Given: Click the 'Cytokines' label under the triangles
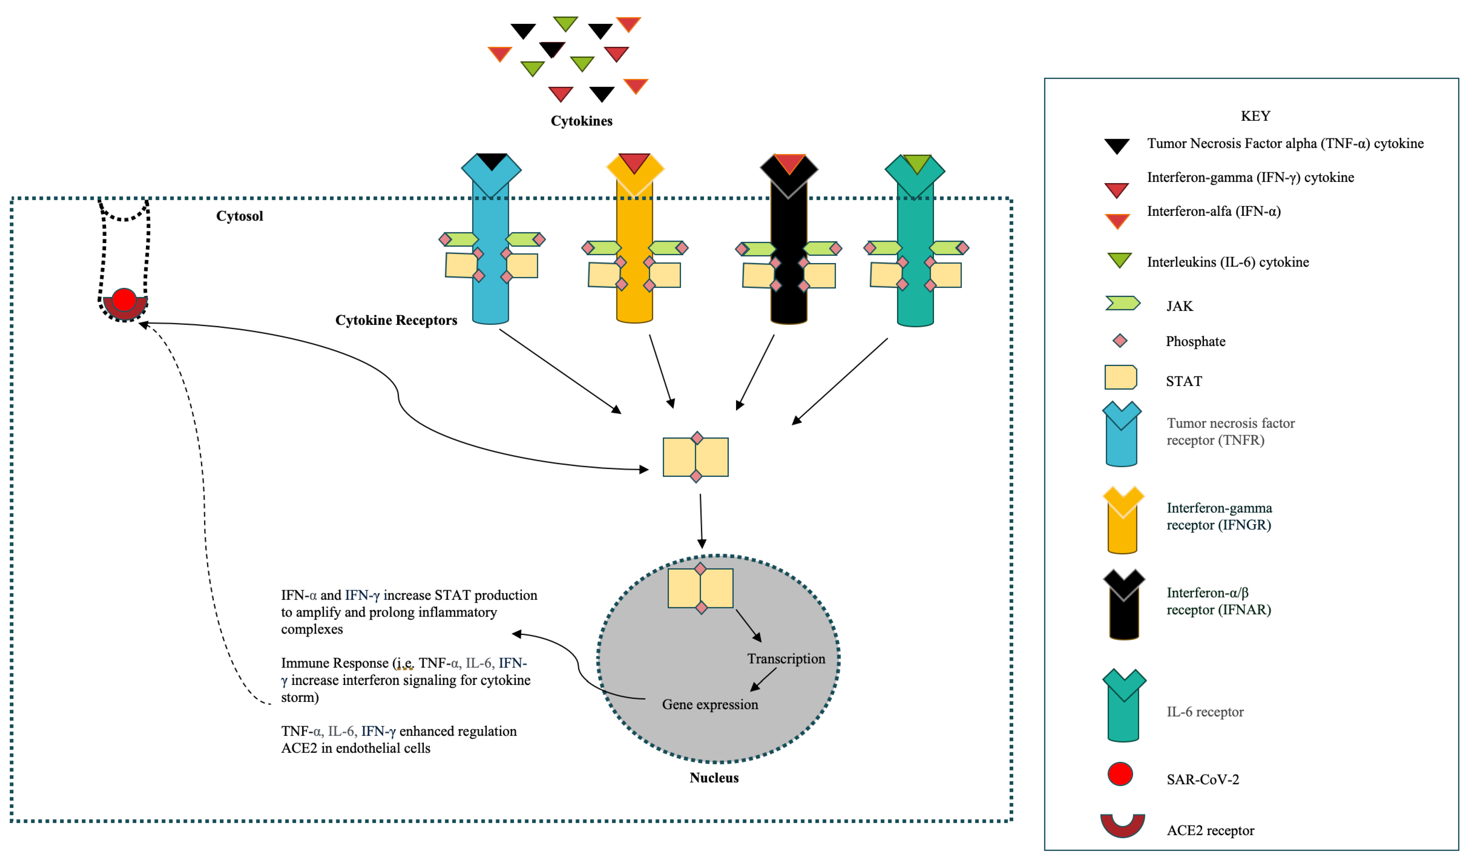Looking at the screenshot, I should [x=581, y=121].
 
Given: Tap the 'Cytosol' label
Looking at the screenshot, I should [x=239, y=216].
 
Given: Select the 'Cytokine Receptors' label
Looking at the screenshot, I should [x=396, y=320].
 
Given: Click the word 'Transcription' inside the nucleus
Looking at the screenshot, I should [x=786, y=658].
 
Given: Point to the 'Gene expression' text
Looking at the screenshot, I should [x=710, y=705].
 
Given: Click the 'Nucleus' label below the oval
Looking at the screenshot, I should [x=714, y=778].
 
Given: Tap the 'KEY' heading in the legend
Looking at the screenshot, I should [x=1255, y=116].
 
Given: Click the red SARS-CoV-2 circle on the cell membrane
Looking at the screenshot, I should [x=124, y=300].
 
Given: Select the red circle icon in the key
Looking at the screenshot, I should [x=1119, y=774].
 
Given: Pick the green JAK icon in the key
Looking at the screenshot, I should [x=1122, y=303].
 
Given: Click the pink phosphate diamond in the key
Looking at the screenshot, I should [x=1119, y=341].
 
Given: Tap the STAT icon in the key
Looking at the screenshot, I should [x=1120, y=377].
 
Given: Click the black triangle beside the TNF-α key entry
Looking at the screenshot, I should [x=1116, y=146].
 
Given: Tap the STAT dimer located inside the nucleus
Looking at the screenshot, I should [x=700, y=588].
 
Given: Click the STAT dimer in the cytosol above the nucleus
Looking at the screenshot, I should [x=696, y=457].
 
